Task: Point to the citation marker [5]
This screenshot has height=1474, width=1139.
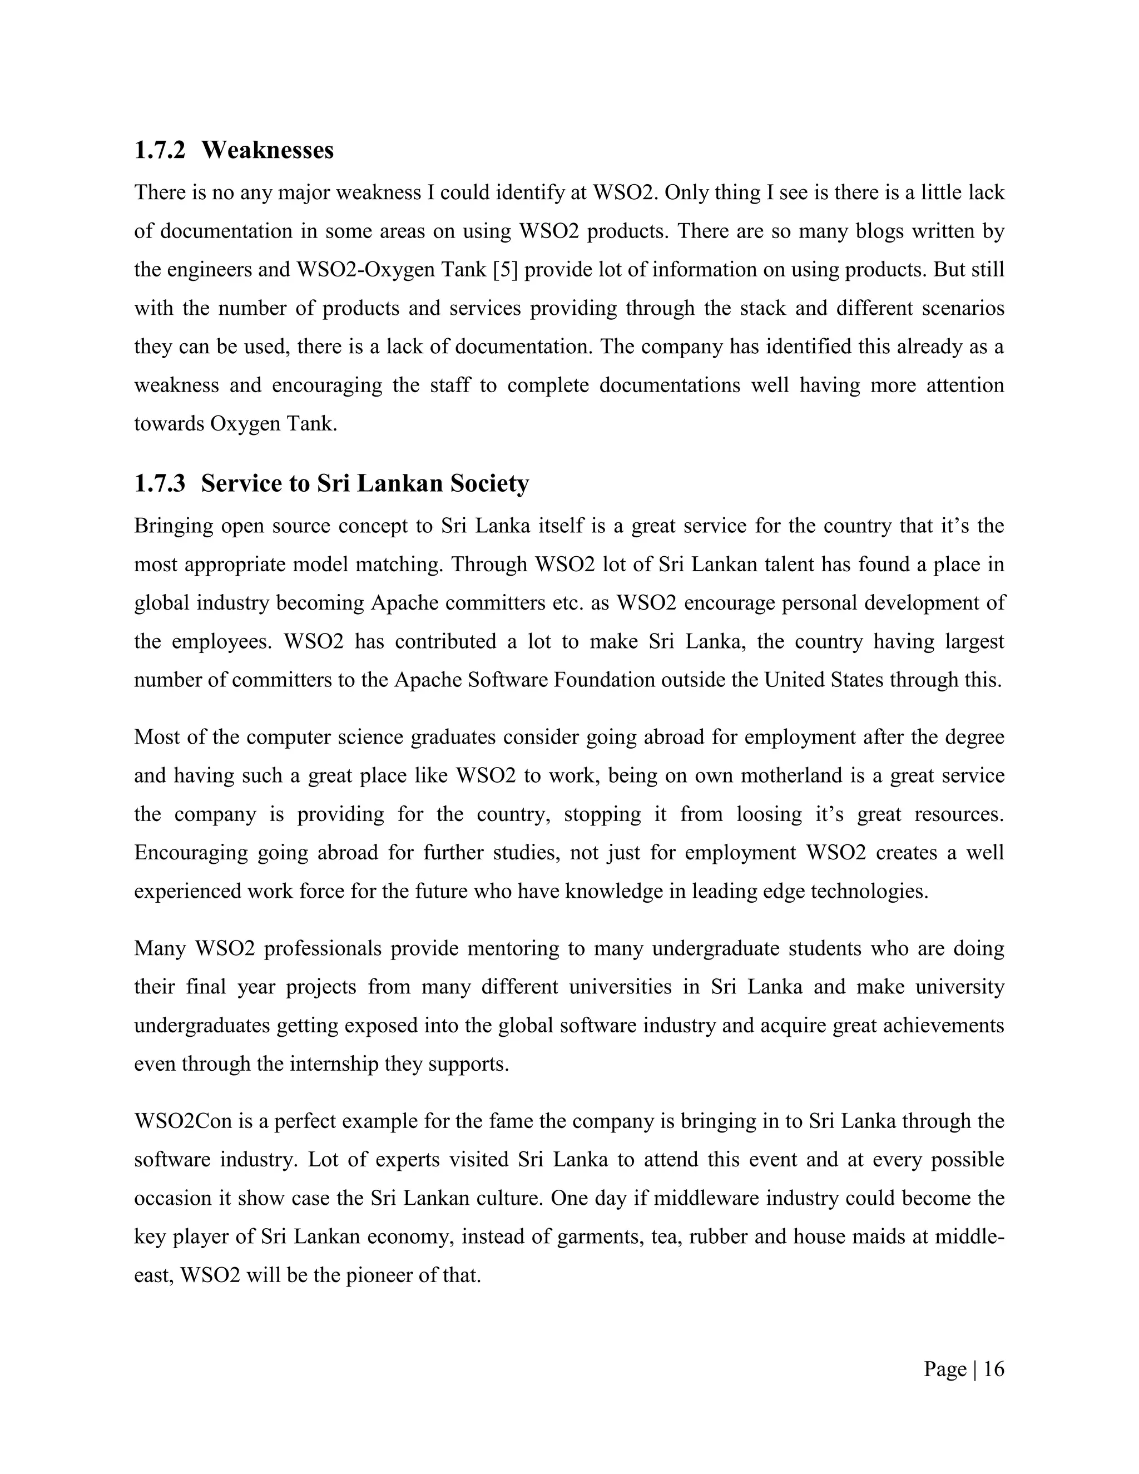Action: click(506, 270)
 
